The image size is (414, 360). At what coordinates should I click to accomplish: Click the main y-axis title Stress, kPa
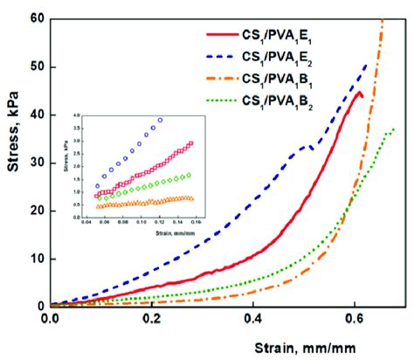coord(12,163)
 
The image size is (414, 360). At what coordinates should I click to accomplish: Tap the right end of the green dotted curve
coord(394,129)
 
